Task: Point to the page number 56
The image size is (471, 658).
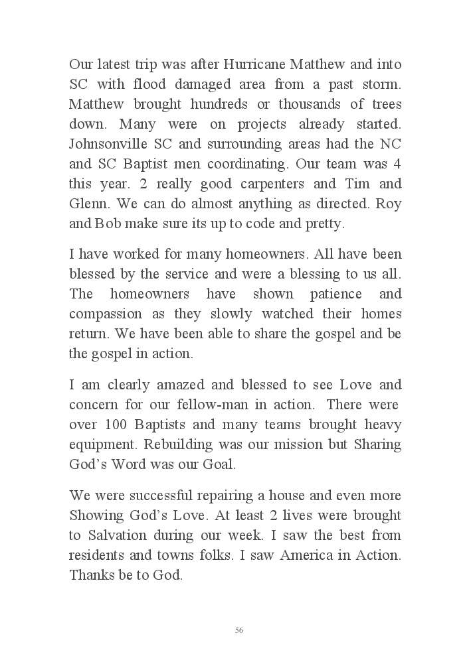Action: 238,630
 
